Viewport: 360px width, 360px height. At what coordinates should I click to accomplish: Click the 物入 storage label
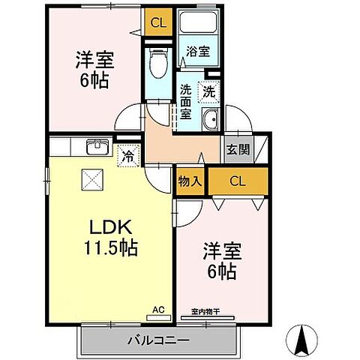point(189,181)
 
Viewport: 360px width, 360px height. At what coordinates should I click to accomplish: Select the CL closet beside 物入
point(237,180)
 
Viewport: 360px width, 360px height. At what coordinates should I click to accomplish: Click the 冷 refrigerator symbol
point(127,157)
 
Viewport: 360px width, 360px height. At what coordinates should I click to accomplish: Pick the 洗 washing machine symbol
point(208,91)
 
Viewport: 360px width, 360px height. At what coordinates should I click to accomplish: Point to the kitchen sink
point(96,146)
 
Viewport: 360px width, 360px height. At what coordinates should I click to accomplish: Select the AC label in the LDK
point(159,307)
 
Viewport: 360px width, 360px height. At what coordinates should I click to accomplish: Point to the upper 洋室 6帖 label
point(93,70)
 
